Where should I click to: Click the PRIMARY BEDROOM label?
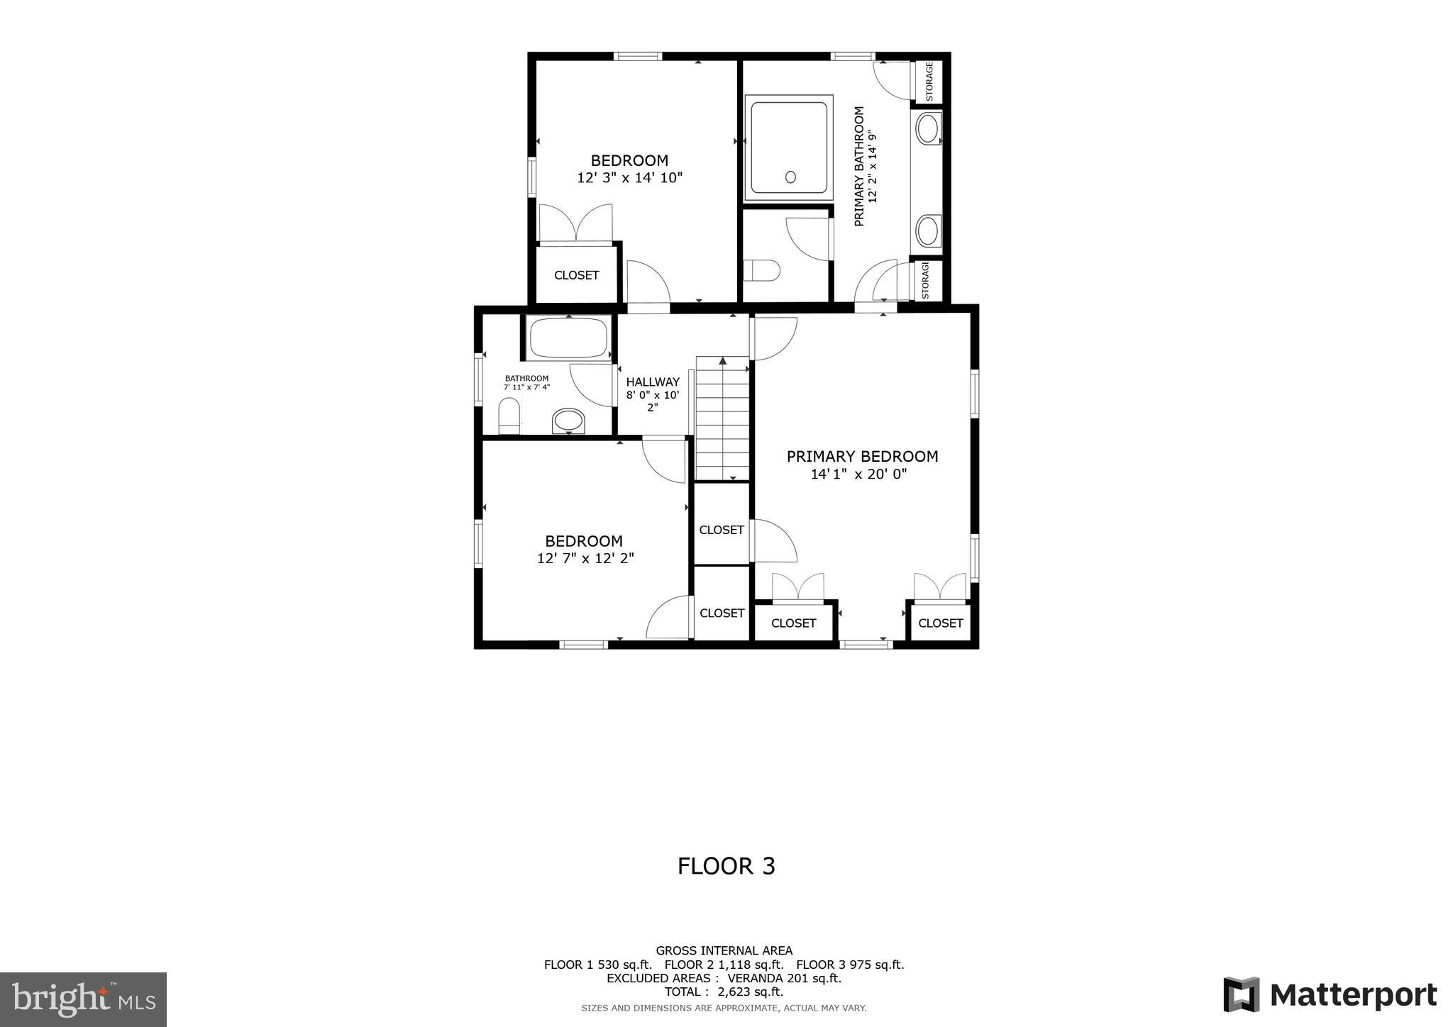pos(862,457)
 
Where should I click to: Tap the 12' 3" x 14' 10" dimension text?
pos(629,178)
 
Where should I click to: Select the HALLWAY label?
pos(652,382)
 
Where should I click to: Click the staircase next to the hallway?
pos(722,418)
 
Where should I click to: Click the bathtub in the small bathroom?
pos(570,338)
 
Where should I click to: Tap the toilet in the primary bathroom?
pos(761,270)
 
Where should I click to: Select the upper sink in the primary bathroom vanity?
pos(927,129)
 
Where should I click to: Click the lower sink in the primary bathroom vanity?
pos(927,231)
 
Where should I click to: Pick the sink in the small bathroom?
pos(569,421)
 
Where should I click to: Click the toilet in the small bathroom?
pos(509,416)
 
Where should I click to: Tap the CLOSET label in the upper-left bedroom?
pos(576,275)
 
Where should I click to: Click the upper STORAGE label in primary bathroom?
pos(929,82)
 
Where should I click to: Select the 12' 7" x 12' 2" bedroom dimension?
pos(585,559)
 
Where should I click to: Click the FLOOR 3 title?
pos(726,866)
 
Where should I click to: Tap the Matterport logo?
pos(1330,995)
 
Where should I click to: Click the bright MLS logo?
pos(83,999)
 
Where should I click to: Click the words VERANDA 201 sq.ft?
pos(784,978)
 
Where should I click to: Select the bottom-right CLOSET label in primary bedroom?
pos(940,623)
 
